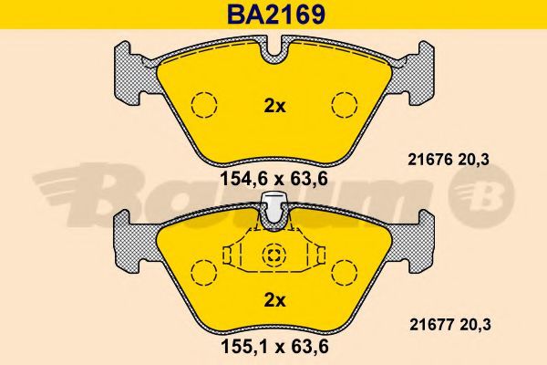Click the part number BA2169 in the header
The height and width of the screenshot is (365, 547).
[x=276, y=15]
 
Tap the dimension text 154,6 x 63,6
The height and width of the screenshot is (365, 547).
[x=274, y=179]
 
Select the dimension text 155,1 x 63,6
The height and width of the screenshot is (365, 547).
[x=275, y=347]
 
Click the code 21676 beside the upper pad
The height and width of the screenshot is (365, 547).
[x=430, y=160]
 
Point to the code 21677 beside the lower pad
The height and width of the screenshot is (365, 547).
[x=431, y=325]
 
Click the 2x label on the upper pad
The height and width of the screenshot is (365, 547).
[x=274, y=106]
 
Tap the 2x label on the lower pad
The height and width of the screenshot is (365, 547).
[x=274, y=300]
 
